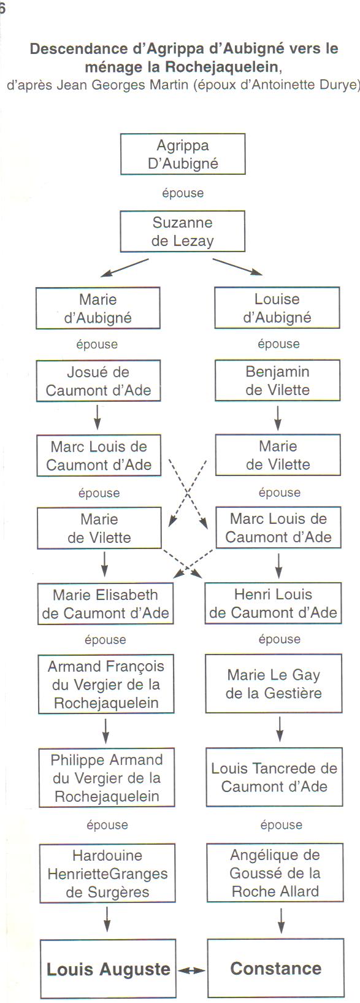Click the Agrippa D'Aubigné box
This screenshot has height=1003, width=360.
tap(183, 154)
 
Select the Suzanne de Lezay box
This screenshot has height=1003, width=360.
tap(183, 231)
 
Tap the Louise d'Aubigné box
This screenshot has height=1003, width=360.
tap(277, 307)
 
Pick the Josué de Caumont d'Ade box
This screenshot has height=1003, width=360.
tap(98, 380)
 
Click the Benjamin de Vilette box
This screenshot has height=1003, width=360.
tap(278, 380)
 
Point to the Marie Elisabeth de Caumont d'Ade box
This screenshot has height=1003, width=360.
tap(105, 604)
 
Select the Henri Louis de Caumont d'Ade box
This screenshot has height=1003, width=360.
tap(273, 603)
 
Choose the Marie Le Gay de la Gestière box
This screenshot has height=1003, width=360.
tap(274, 683)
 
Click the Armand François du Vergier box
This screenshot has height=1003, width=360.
tap(106, 684)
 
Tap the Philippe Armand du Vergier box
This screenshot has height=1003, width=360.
tap(107, 778)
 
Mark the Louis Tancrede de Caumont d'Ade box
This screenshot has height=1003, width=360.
tap(274, 777)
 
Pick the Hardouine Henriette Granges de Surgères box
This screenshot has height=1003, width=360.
tap(107, 873)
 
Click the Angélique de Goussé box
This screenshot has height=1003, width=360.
tap(275, 873)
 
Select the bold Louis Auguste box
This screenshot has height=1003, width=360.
tap(108, 969)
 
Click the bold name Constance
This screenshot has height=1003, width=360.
tap(276, 968)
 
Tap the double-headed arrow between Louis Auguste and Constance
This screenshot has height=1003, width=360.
tap(191, 970)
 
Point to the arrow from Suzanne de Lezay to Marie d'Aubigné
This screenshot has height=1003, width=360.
tap(124, 267)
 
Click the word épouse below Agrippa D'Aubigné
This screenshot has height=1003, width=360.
tap(183, 193)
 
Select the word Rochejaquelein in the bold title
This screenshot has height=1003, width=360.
tap(222, 67)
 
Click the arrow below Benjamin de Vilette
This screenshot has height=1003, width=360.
tap(278, 418)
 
